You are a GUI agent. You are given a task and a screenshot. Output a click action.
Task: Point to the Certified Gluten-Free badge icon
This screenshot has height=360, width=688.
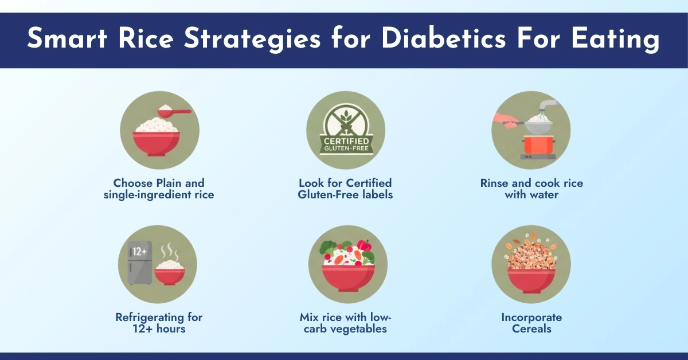tap(346, 131)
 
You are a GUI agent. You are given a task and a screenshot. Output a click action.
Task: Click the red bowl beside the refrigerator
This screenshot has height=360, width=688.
tap(170, 274)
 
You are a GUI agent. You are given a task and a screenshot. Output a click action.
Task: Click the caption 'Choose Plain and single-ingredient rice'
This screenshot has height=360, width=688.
tap(159, 189)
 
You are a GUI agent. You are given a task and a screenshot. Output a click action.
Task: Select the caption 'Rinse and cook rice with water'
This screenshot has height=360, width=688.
tap(531, 189)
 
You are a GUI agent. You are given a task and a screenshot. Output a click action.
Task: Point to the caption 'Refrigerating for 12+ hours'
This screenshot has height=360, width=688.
tap(159, 323)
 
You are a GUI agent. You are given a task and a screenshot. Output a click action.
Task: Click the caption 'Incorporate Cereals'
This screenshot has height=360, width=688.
tap(531, 323)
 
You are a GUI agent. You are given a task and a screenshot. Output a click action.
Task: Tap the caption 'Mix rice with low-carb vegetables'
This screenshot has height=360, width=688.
tap(345, 323)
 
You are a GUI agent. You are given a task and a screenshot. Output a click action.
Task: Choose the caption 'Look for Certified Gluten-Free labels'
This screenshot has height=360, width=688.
tap(345, 189)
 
